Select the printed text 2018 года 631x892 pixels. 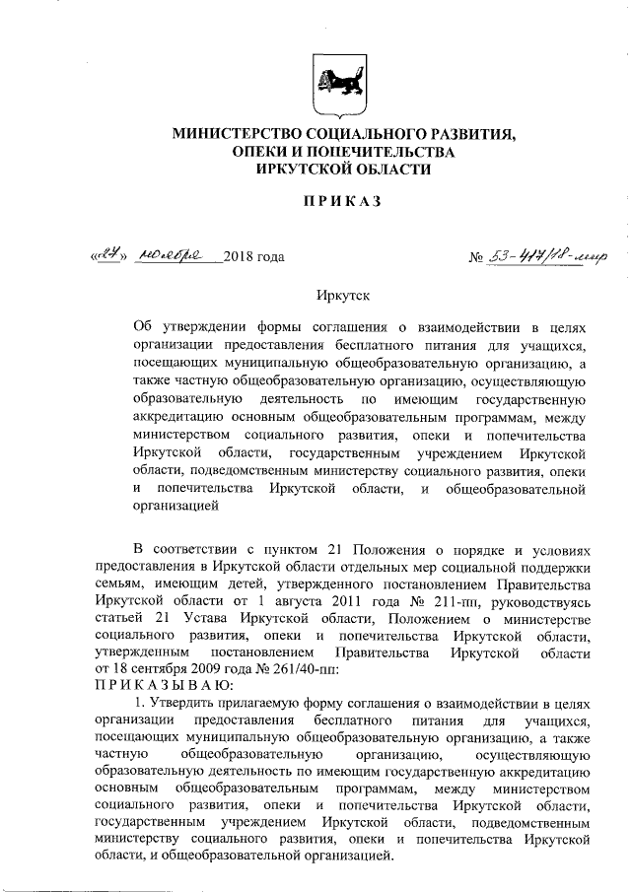(254, 257)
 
